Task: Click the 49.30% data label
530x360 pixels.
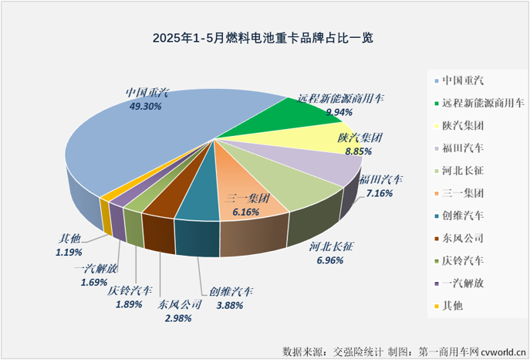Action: tap(143, 107)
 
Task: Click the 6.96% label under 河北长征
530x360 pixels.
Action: tap(330, 260)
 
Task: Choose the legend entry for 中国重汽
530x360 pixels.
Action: tap(463, 80)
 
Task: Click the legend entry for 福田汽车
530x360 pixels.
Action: tap(463, 147)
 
